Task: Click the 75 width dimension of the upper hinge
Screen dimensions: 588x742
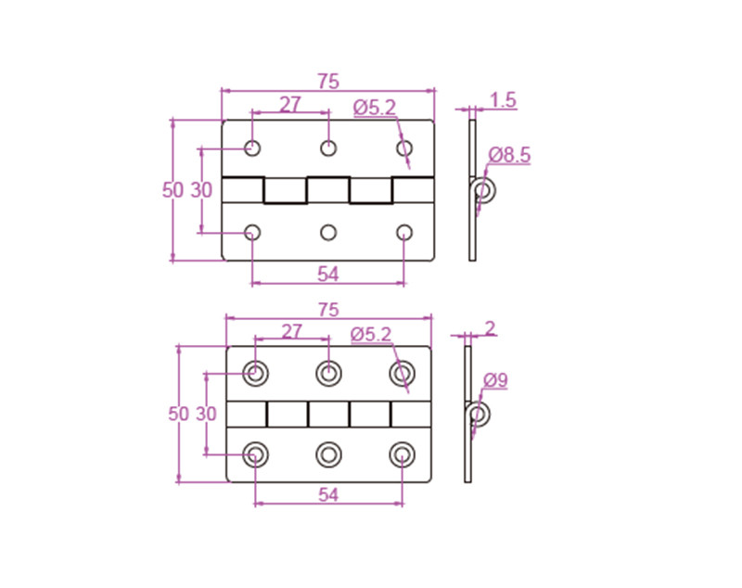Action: coord(327,81)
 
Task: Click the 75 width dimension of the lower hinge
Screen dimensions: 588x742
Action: coord(328,309)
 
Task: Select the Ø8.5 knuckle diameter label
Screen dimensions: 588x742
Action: coord(509,155)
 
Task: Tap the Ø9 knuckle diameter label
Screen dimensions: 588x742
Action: coord(495,379)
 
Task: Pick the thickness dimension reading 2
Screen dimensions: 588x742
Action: coord(491,326)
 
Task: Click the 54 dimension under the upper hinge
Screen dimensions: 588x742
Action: coord(327,274)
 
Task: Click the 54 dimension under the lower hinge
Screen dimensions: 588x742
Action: coord(328,495)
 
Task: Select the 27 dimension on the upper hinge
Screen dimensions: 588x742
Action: coord(290,105)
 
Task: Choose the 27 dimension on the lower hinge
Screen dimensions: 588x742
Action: coord(291,331)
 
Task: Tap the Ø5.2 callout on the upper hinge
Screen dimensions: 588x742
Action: coord(374,109)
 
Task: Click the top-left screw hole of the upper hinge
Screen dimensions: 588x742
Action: coord(252,147)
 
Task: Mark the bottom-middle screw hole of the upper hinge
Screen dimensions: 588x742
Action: coord(328,232)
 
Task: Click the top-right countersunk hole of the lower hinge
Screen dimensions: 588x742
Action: coord(402,373)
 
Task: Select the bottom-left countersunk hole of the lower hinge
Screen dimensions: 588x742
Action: coord(256,454)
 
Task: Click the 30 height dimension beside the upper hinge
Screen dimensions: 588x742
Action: coord(202,190)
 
